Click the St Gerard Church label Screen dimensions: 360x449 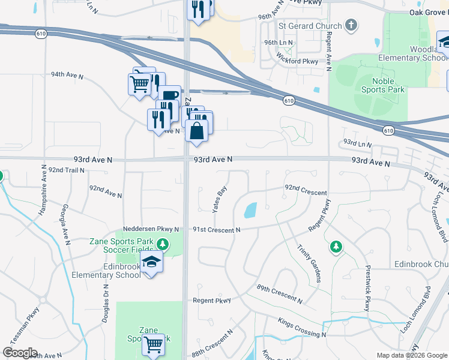309,26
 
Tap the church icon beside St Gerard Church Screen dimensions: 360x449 351,26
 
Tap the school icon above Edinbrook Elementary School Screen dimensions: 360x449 152,262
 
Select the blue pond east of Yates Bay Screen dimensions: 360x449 250,210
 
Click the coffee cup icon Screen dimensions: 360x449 169,95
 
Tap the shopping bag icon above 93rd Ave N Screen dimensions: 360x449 196,130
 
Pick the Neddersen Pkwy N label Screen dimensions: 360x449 151,229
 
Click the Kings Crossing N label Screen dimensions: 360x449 302,328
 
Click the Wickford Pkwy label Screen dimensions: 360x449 297,60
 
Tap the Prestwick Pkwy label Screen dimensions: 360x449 368,289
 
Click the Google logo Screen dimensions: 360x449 20,353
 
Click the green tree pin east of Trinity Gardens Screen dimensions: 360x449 336,246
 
